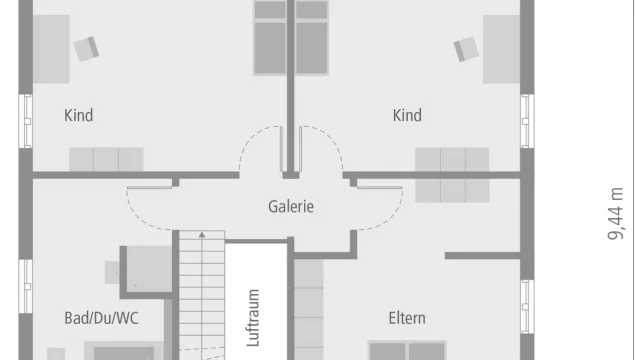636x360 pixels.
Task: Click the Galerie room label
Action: (x=291, y=207)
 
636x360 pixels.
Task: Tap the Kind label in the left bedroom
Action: (x=78, y=115)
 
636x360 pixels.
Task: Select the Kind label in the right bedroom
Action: (x=407, y=115)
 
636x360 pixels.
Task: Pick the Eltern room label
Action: (x=407, y=318)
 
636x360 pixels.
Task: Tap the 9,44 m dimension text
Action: (x=619, y=213)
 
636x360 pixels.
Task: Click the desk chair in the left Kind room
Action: (x=88, y=47)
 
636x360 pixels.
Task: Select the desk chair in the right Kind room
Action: (x=465, y=48)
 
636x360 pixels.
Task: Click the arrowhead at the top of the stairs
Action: (x=201, y=234)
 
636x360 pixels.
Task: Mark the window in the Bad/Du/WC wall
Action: (x=25, y=285)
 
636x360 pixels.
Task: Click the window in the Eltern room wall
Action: (x=524, y=305)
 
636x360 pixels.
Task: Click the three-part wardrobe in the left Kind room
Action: (x=106, y=158)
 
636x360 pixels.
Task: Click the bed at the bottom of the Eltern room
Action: (x=406, y=350)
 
